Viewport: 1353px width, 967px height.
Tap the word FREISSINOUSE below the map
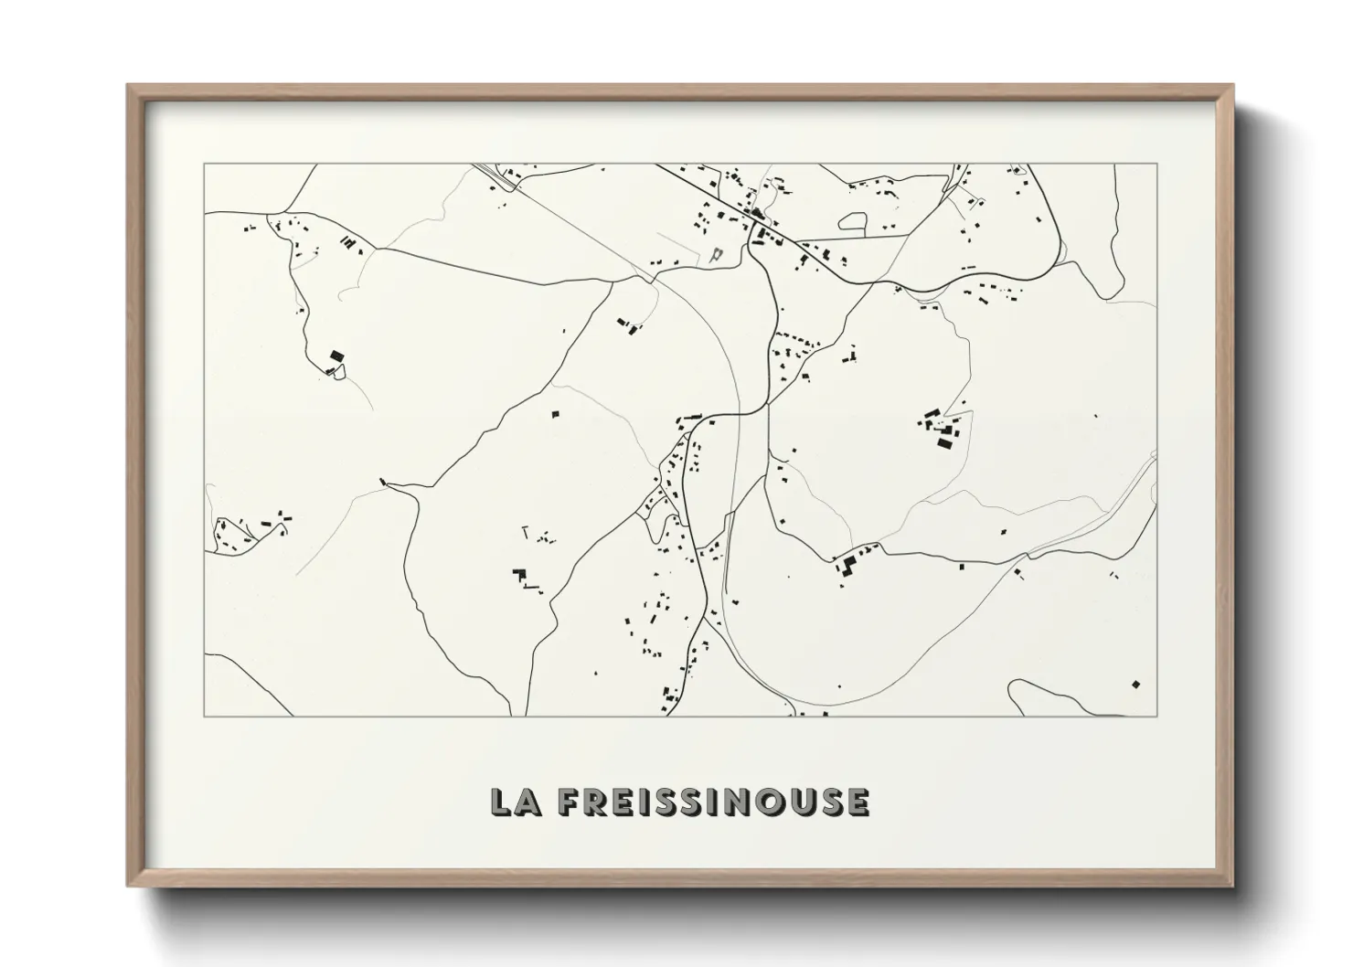(x=712, y=802)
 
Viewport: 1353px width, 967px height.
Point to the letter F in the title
(x=569, y=802)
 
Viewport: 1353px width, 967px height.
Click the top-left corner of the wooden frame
(x=128, y=86)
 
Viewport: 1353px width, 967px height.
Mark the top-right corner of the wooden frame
(x=1232, y=86)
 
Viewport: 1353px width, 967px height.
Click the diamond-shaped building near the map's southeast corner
(x=1136, y=683)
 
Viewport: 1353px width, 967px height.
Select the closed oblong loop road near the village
(x=854, y=219)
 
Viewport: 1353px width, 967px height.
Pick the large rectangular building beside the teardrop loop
(x=336, y=355)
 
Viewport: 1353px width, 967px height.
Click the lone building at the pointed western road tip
(x=383, y=481)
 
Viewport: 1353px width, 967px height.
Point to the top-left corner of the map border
(x=205, y=165)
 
